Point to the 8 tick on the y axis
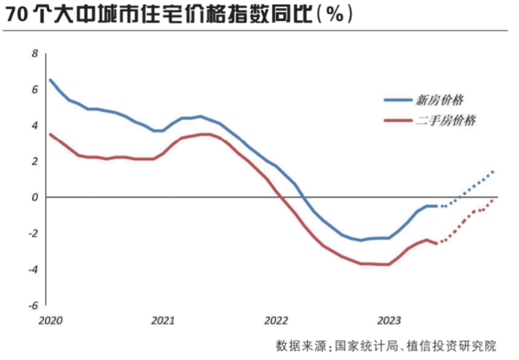pos(35,53)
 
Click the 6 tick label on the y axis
pos(35,89)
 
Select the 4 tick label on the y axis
pos(35,125)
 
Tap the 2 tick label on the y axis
pos(35,161)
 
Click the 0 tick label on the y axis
pos(35,197)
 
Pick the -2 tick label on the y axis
pos(32,234)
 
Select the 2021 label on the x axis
pos(163,319)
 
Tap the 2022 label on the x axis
pos(275,319)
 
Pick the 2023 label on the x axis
pos(389,319)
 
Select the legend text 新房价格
pos(439,101)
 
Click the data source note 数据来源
pos(386,345)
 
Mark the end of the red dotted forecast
pos(492,201)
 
